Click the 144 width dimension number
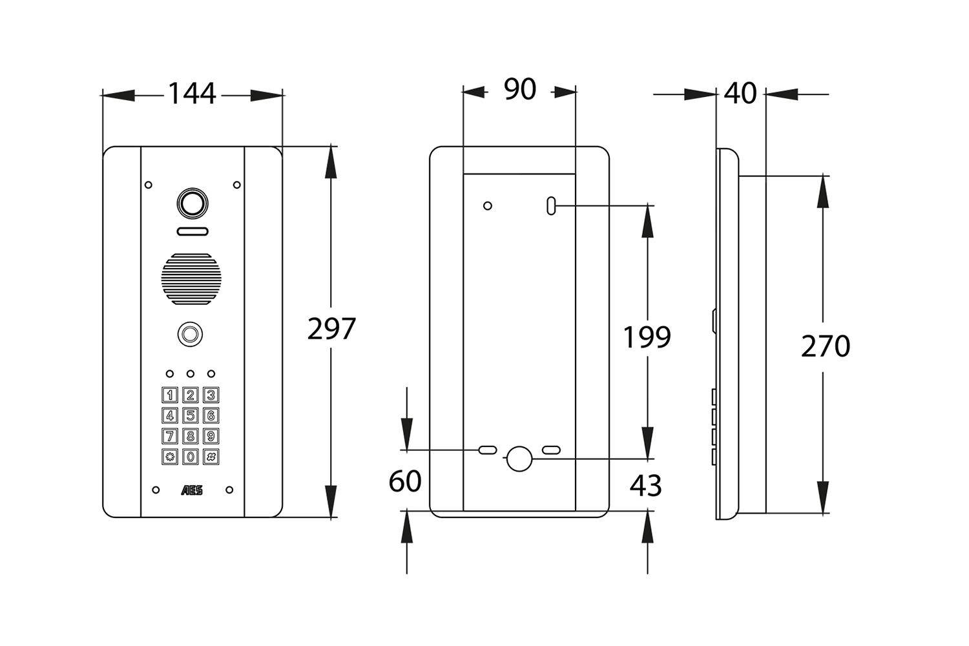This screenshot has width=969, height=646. [192, 94]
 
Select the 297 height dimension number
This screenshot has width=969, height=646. [331, 329]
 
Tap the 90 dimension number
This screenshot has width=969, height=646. [519, 90]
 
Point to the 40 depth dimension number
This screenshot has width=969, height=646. [740, 94]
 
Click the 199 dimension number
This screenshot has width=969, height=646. [647, 337]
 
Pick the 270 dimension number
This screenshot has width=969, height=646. [825, 346]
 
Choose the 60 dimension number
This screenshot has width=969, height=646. [405, 481]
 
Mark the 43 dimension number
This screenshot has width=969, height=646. [646, 485]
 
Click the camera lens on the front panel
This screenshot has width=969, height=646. [192, 203]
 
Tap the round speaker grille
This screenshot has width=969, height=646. [191, 278]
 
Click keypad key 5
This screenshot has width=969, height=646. [191, 415]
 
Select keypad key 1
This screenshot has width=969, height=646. [170, 395]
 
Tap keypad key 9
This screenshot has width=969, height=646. [211, 436]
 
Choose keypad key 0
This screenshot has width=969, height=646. [191, 457]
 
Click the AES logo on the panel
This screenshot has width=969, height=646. [192, 490]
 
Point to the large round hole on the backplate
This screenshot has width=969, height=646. [519, 459]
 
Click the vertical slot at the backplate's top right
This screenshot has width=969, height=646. [550, 206]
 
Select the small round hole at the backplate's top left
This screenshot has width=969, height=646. [488, 206]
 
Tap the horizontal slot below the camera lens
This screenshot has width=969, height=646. [192, 231]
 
